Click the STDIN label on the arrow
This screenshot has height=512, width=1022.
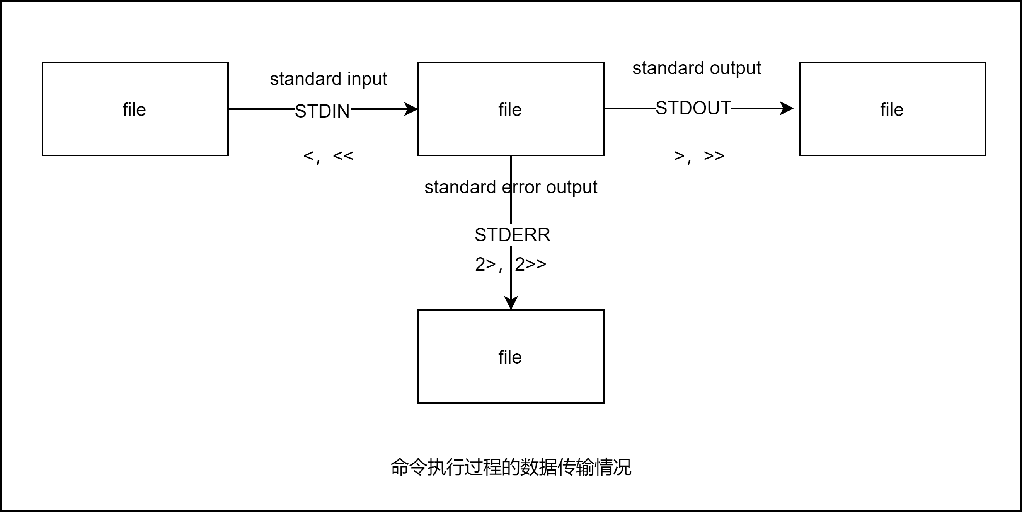click(x=322, y=111)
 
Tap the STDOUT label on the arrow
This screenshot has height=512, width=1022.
click(x=693, y=108)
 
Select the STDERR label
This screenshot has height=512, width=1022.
click(x=512, y=235)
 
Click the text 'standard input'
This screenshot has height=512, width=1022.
click(x=328, y=79)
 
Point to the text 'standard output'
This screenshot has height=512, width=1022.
click(x=696, y=68)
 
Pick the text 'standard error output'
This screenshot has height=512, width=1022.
click(x=511, y=187)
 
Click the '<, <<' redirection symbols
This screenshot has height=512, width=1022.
click(x=328, y=156)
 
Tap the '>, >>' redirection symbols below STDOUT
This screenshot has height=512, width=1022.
click(x=699, y=156)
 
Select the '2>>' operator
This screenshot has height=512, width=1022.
click(x=530, y=264)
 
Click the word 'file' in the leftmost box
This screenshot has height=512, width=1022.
click(x=134, y=109)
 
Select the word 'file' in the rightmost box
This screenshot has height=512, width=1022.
click(x=892, y=109)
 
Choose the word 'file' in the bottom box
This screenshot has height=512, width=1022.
click(x=510, y=357)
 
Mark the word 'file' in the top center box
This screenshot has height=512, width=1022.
click(x=510, y=109)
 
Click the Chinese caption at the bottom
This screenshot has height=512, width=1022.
click(x=511, y=467)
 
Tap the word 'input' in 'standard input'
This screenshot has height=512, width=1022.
click(x=367, y=79)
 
